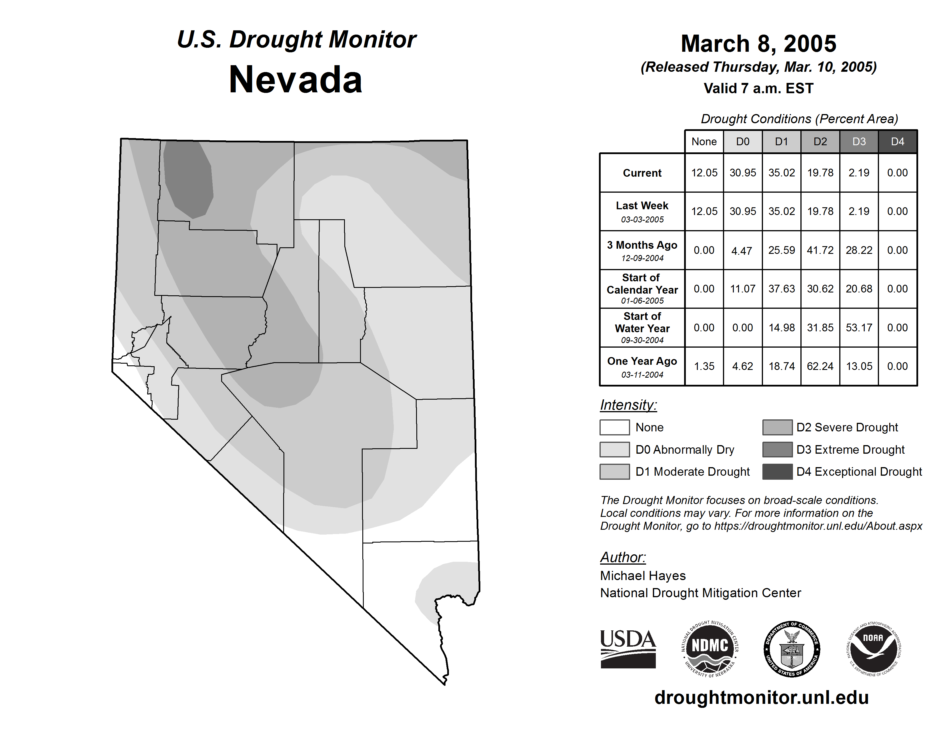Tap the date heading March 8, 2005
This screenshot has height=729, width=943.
758,44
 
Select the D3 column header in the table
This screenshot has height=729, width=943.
859,142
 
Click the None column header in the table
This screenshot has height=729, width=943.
704,142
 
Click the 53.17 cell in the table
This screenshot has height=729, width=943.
859,328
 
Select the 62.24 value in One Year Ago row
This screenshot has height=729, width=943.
820,366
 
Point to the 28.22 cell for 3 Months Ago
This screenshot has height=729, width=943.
859,250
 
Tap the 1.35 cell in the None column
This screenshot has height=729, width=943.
704,366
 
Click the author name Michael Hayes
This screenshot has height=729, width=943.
642,576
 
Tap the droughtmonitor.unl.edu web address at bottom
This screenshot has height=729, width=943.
762,698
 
